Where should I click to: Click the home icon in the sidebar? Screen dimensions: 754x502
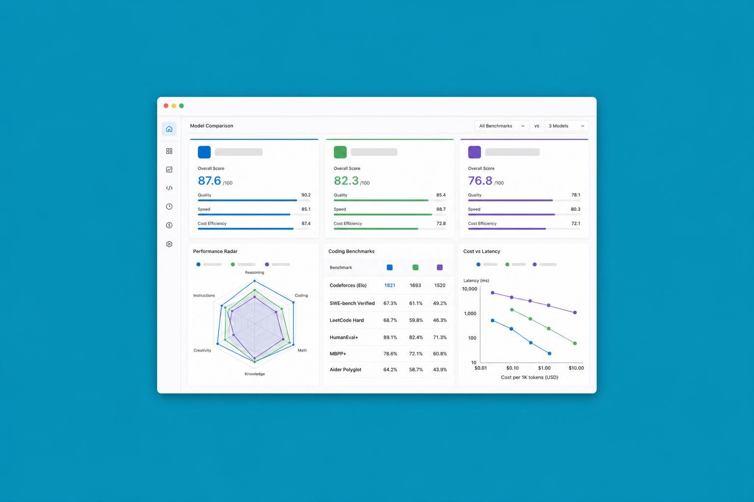(x=169, y=129)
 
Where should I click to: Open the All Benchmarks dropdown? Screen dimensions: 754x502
(x=502, y=126)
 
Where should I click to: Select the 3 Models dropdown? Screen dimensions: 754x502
(x=566, y=126)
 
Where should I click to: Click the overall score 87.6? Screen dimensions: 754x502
(x=210, y=180)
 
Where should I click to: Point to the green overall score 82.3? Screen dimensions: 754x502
(x=346, y=180)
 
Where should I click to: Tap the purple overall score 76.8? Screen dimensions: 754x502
(x=480, y=180)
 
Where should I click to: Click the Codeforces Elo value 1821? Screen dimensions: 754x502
(x=389, y=285)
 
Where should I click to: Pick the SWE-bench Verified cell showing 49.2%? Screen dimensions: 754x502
(x=440, y=303)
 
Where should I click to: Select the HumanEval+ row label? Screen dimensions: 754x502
(x=344, y=337)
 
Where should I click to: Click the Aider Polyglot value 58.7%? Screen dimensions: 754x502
(x=416, y=370)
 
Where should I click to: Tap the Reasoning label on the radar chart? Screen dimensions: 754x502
(x=254, y=273)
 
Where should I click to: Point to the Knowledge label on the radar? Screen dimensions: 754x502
(x=254, y=374)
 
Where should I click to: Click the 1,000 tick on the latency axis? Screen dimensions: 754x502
(x=470, y=313)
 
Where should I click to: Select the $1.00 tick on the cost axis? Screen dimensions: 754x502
(x=544, y=368)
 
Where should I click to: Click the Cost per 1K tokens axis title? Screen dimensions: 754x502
(x=530, y=377)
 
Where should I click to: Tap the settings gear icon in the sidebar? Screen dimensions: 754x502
(x=169, y=244)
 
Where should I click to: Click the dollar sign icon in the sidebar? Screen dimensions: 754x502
(x=169, y=226)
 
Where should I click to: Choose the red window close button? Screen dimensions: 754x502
(x=166, y=106)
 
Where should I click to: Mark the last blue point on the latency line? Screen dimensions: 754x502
(x=549, y=353)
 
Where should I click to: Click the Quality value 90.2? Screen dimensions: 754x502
(x=306, y=195)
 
